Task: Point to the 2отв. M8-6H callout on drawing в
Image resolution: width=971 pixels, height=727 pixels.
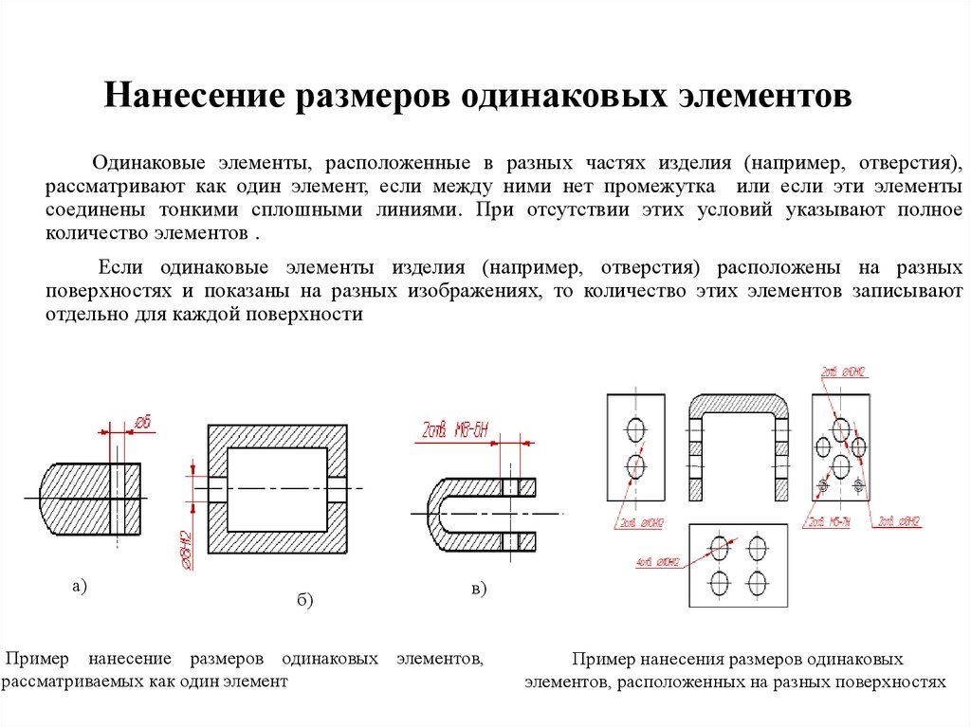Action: (x=450, y=434)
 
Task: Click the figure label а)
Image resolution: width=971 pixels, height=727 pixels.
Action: (x=79, y=587)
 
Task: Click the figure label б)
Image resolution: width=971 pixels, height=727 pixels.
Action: (x=304, y=600)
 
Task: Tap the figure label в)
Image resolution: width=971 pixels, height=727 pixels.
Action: (x=478, y=590)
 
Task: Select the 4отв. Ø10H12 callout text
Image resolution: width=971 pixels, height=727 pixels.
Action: (x=659, y=563)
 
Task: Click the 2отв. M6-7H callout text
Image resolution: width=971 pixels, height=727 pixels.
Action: (x=826, y=522)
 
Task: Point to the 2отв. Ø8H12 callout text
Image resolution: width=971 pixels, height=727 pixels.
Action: (x=899, y=521)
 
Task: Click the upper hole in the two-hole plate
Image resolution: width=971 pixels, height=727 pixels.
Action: (x=634, y=430)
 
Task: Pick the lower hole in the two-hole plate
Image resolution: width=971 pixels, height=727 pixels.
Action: (x=634, y=465)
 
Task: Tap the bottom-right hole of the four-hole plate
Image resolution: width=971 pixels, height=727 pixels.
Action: (x=757, y=580)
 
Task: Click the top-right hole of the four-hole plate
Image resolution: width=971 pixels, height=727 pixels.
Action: (x=757, y=547)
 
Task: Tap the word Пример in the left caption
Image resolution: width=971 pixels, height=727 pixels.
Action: (x=37, y=658)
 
